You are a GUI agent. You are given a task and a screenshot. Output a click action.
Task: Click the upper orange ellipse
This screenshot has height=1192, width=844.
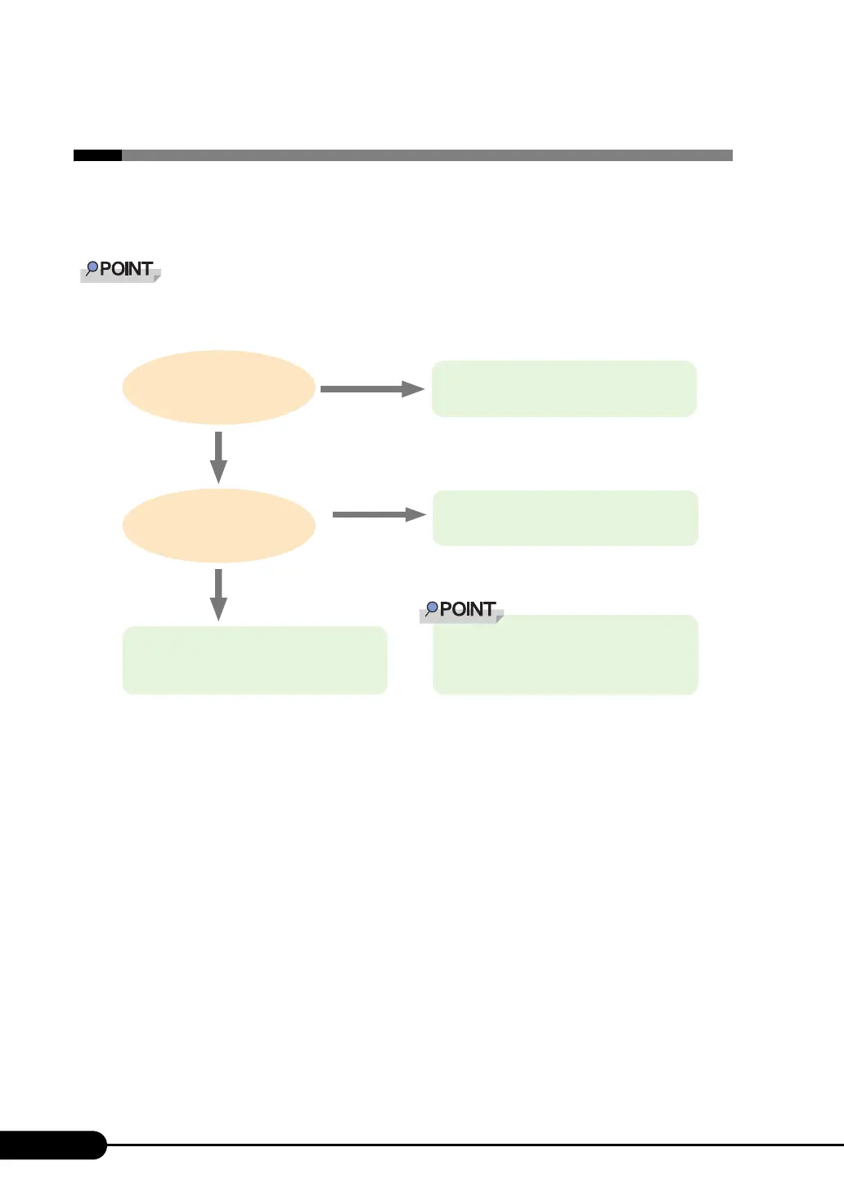tap(218, 388)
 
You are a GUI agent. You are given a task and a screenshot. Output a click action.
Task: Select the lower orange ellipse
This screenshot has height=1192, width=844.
tap(218, 526)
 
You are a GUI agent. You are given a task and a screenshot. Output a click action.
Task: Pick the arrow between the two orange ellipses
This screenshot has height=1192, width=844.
tap(218, 457)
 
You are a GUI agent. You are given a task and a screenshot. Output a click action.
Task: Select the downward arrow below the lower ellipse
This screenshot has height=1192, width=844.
tap(218, 594)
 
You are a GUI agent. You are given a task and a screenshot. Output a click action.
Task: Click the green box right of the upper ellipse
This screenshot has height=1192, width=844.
tap(563, 388)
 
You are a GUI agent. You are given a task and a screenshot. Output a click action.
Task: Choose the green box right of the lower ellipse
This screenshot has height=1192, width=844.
tap(565, 518)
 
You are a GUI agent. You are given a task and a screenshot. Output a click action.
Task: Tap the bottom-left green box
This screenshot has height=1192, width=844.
tap(254, 660)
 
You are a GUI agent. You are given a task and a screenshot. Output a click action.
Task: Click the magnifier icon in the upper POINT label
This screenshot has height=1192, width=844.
tap(92, 268)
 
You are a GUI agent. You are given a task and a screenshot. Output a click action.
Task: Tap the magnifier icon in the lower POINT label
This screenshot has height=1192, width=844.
tap(432, 609)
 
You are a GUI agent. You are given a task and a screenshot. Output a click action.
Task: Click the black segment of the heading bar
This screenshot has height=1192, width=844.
tap(97, 155)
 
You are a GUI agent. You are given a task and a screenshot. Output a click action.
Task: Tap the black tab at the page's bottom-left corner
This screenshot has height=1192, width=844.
tap(51, 1145)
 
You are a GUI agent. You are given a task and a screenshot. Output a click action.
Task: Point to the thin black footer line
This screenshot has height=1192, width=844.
tap(474, 1145)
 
